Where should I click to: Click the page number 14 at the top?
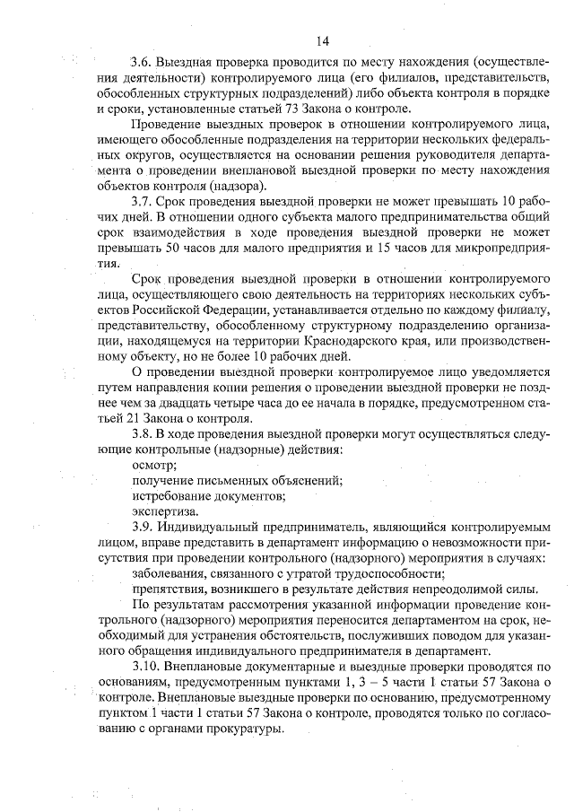click(323, 40)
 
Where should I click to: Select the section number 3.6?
click(143, 63)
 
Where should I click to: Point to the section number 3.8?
click(143, 433)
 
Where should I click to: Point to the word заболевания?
click(170, 572)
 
